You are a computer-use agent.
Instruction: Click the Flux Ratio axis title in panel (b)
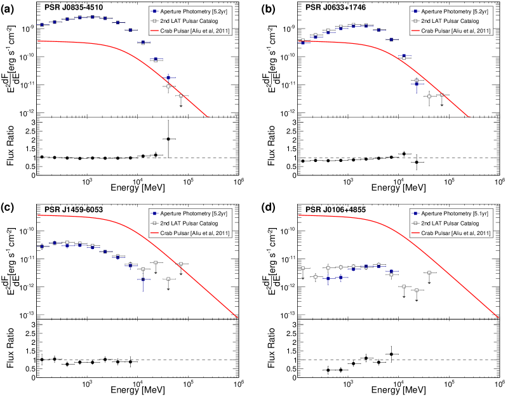click(x=272, y=149)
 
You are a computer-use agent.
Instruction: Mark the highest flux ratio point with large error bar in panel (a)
click(x=168, y=138)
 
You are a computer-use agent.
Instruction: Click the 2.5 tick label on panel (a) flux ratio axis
click(x=27, y=130)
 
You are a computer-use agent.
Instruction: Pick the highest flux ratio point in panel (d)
click(x=391, y=354)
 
